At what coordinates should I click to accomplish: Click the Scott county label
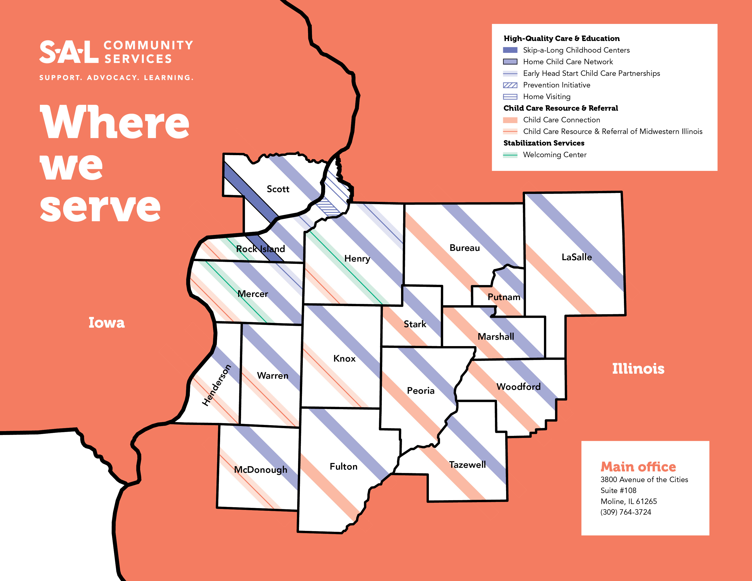pyautogui.click(x=278, y=189)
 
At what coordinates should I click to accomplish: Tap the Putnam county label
pyautogui.click(x=504, y=297)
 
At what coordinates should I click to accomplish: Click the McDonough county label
pyautogui.click(x=261, y=470)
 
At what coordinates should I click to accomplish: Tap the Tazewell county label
pyautogui.click(x=467, y=465)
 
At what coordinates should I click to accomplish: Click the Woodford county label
pyautogui.click(x=518, y=386)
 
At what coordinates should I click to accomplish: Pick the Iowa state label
pyautogui.click(x=106, y=322)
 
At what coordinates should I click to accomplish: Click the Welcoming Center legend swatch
pyautogui.click(x=510, y=155)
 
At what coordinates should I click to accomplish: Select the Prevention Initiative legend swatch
pyautogui.click(x=510, y=85)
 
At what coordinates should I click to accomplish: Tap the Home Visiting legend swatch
pyautogui.click(x=510, y=97)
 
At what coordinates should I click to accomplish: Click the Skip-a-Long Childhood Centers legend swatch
pyautogui.click(x=510, y=50)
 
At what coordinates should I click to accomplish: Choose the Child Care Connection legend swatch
pyautogui.click(x=510, y=120)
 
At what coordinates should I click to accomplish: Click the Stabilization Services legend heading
pyautogui.click(x=544, y=143)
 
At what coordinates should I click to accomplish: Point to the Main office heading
pyautogui.click(x=638, y=467)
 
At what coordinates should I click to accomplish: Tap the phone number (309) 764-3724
pyautogui.click(x=626, y=512)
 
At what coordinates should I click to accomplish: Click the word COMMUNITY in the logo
pyautogui.click(x=148, y=45)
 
